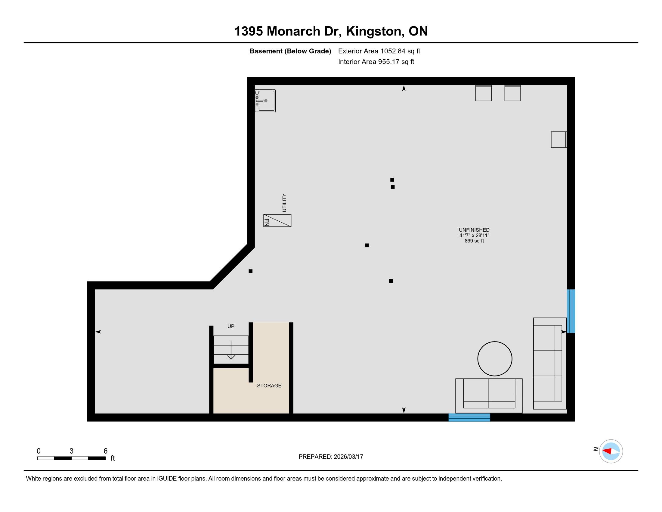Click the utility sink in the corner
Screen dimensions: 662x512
[265, 101]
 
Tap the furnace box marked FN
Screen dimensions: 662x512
[277, 220]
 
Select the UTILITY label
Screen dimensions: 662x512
[284, 203]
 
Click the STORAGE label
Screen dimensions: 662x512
[269, 386]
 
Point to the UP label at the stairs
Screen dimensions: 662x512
[231, 326]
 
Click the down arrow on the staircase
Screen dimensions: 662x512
[231, 350]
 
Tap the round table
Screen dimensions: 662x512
[495, 359]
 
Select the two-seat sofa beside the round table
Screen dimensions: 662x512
[489, 396]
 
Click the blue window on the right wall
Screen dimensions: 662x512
[571, 311]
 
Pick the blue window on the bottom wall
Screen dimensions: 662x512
[469, 417]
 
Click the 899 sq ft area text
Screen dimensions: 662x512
[474, 241]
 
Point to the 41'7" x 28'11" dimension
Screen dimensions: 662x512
[474, 236]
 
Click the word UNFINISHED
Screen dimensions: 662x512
[474, 230]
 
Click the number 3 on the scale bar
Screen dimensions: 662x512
[72, 451]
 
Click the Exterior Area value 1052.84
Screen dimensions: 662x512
[393, 51]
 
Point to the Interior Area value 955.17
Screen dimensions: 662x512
[388, 61]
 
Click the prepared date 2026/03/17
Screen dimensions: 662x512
[348, 457]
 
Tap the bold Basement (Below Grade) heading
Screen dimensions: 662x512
[290, 51]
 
